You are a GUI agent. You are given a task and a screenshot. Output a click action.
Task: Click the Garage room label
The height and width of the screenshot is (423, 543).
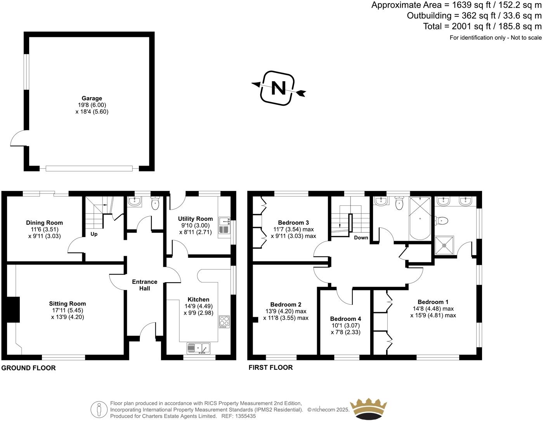pos(92,98)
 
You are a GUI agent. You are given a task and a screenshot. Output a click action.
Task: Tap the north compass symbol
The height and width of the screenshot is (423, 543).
pos(278,88)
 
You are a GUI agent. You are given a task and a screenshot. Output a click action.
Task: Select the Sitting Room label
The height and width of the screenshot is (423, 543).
pos(68,304)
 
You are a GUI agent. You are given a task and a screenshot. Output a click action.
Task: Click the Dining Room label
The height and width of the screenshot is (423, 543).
pos(44,223)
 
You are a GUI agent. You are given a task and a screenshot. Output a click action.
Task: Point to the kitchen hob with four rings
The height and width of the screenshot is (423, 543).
pos(224,321)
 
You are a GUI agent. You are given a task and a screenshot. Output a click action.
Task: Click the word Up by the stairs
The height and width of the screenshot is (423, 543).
pos(94,234)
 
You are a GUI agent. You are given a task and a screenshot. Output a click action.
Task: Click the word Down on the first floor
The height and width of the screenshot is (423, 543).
pos(361,238)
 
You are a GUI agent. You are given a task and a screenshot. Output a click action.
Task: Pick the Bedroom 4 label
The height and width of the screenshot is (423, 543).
pos(346,319)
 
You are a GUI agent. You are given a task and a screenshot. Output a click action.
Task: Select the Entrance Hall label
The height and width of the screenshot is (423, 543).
pos(145,285)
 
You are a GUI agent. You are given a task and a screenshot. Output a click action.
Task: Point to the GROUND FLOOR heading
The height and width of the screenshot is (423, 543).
pos(29,368)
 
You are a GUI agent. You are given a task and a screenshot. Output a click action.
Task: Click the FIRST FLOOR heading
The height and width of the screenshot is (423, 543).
pos(271,367)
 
